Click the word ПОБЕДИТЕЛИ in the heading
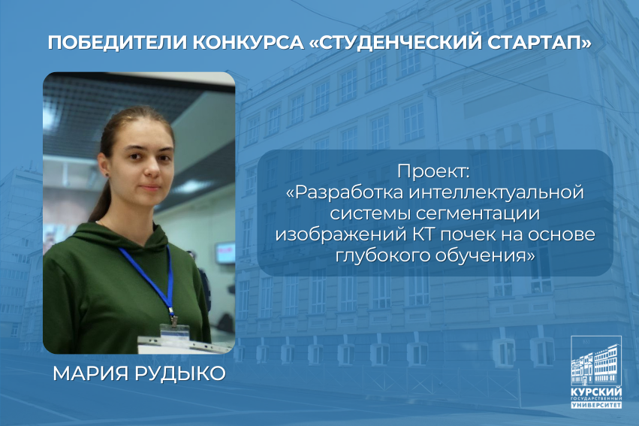[118, 43]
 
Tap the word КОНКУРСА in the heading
[249, 43]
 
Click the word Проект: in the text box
[433, 171]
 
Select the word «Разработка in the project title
[345, 192]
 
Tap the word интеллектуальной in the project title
[496, 192]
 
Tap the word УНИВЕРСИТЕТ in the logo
[597, 405]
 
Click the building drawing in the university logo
[596, 361]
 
